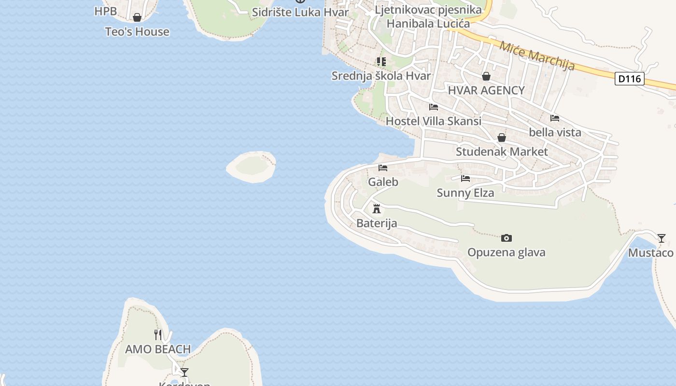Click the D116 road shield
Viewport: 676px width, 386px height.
coord(630,79)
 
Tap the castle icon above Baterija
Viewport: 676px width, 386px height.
coord(377,209)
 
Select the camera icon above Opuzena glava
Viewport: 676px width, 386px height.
coord(506,238)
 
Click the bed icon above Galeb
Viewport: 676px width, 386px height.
coord(383,168)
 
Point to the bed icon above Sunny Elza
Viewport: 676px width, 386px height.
coord(465,179)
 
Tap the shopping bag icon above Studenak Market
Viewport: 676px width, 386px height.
coord(502,138)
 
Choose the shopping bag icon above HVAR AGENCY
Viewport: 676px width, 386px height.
coord(486,76)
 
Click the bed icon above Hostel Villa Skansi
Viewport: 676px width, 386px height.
coord(434,107)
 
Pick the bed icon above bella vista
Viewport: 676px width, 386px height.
coord(555,118)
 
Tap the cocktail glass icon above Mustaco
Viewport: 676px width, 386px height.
coord(662,238)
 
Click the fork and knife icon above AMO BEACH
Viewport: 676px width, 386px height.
coord(158,334)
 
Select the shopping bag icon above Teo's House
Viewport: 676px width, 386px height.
coord(137,18)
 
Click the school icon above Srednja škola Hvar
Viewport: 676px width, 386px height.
coord(381,62)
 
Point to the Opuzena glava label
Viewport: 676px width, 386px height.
coord(506,252)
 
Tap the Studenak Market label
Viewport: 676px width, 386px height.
coord(502,152)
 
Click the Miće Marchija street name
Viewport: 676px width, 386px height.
coord(537,55)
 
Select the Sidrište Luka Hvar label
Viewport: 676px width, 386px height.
coord(300,12)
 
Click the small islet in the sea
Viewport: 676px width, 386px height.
coord(252,167)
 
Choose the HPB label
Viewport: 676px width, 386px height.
coord(106,11)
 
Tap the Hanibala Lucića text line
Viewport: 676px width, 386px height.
coord(428,23)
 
